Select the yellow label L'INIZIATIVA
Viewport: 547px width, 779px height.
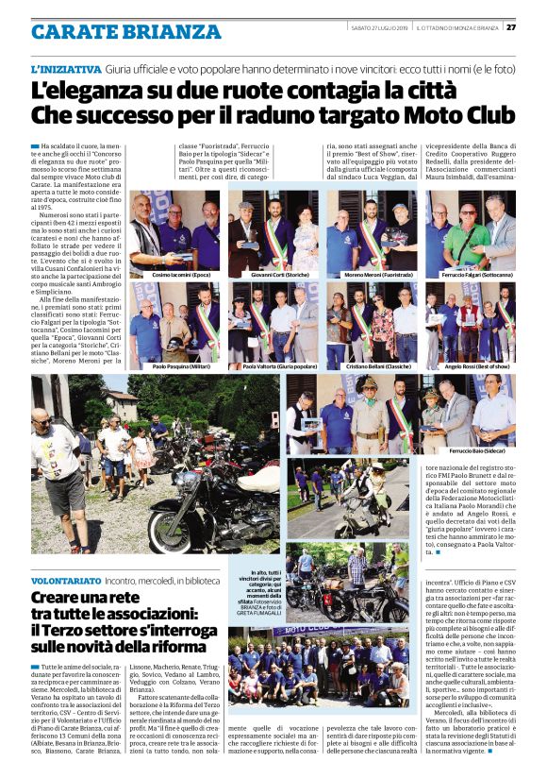pyautogui.click(x=65, y=70)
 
